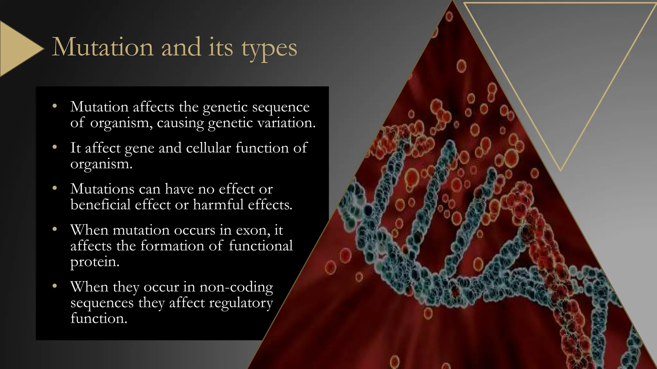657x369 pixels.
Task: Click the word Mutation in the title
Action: [103, 47]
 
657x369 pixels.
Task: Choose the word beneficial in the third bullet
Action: [100, 205]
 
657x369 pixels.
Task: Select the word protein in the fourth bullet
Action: [95, 262]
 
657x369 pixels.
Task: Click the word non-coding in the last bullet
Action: [236, 287]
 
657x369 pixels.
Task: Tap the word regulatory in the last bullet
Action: [241, 303]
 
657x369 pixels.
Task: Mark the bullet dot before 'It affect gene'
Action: [55, 147]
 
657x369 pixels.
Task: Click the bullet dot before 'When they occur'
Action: [55, 286]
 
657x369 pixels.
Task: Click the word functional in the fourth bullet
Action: [260, 246]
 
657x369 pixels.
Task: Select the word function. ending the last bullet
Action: [99, 318]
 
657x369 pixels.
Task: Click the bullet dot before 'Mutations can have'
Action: [55, 188]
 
